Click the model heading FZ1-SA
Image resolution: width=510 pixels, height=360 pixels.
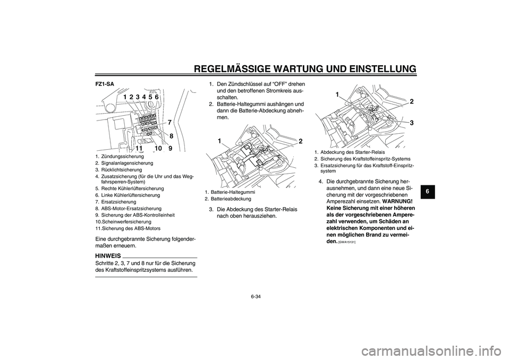(x=105, y=83)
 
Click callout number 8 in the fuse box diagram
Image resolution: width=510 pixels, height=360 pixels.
(x=172, y=136)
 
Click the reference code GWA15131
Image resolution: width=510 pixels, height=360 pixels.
(x=346, y=242)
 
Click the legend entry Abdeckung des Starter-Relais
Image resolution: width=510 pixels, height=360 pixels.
(x=349, y=152)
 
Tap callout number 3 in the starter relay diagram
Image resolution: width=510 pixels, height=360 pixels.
(x=411, y=123)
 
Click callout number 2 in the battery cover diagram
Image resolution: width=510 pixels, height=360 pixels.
(x=301, y=141)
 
